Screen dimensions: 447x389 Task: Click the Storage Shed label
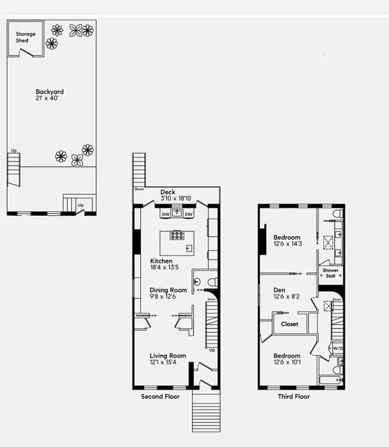point(25,37)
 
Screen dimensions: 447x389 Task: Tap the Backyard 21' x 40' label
point(50,95)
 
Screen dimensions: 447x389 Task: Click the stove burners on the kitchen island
point(177,235)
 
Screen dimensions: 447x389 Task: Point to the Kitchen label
point(161,264)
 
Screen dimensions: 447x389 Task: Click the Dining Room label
point(168,293)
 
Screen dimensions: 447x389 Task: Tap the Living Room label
point(168,359)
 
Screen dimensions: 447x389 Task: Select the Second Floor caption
point(160,397)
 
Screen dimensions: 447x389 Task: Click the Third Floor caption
point(293,397)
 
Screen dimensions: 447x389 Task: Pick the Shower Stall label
point(330,273)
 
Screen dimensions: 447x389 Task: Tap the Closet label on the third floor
point(290,324)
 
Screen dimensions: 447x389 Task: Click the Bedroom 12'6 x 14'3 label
point(287,240)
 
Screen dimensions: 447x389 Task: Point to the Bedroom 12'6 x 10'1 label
point(287,359)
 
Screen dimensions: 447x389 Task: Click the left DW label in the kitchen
point(165,214)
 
